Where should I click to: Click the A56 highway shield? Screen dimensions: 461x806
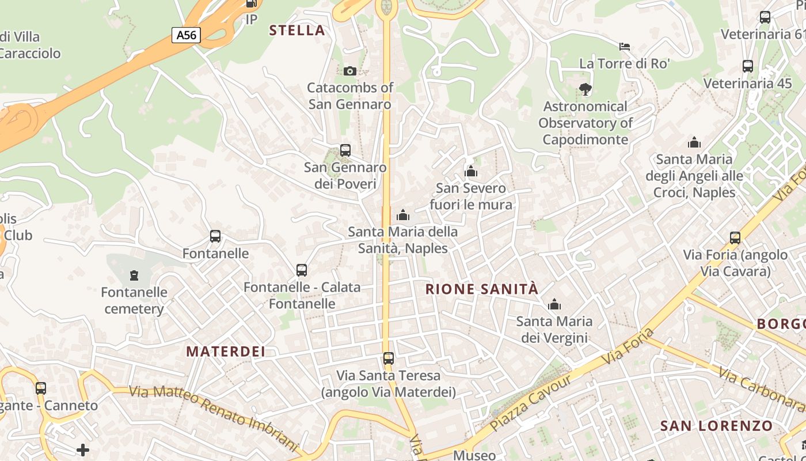click(186, 35)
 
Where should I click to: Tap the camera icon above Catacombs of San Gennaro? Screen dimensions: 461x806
click(349, 71)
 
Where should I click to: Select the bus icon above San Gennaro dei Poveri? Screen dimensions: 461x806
click(345, 150)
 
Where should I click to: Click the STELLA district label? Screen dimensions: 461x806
click(297, 31)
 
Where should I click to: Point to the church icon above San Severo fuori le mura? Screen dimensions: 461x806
click(471, 171)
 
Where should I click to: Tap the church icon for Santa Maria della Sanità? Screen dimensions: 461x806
click(403, 215)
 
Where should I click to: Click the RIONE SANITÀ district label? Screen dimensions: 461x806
click(482, 289)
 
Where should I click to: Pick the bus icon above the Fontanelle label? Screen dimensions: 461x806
click(215, 236)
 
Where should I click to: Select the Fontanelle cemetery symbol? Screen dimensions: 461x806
click(134, 275)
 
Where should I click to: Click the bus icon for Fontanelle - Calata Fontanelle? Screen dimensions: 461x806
click(302, 270)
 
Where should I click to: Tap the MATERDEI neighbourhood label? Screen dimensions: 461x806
click(226, 352)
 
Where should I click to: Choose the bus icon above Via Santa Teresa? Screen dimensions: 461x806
click(389, 358)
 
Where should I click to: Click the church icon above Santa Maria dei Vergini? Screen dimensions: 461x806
click(554, 304)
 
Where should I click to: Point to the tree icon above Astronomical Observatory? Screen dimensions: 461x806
click(586, 89)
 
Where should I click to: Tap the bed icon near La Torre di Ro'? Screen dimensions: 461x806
click(625, 46)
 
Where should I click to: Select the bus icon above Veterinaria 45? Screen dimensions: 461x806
click(748, 66)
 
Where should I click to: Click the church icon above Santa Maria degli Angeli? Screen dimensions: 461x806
click(694, 142)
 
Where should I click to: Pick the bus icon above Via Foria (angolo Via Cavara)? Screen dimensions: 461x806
click(735, 237)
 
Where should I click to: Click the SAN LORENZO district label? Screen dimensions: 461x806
click(716, 426)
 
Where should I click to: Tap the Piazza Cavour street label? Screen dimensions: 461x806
click(531, 403)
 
